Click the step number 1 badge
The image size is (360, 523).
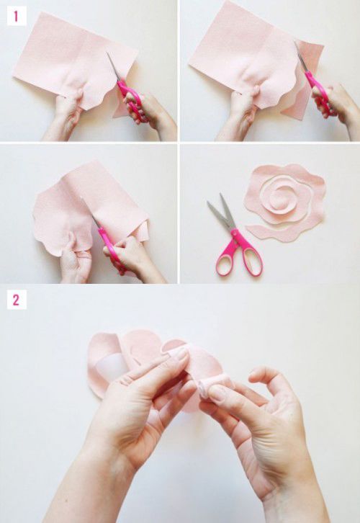pos(17,16)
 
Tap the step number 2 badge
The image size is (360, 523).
pos(17,300)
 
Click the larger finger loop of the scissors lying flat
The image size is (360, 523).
pos(253,259)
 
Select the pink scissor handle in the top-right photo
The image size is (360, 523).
pos(319,94)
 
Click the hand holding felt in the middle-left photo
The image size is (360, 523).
pos(75,259)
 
